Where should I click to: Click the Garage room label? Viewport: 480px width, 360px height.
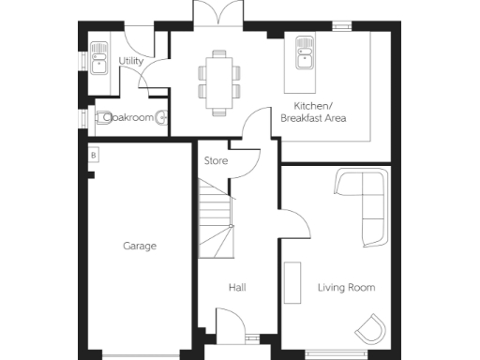[139, 246]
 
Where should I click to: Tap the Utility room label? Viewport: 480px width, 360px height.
[132, 61]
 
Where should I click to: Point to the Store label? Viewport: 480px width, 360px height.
[216, 161]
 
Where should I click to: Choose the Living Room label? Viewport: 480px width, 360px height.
[346, 287]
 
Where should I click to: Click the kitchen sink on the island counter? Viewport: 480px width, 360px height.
[305, 52]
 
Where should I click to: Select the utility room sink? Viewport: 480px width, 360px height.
[97, 57]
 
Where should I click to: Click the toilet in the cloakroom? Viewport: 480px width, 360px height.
[103, 118]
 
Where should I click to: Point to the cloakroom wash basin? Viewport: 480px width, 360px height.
[163, 118]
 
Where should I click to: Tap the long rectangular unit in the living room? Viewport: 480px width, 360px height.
[292, 283]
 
